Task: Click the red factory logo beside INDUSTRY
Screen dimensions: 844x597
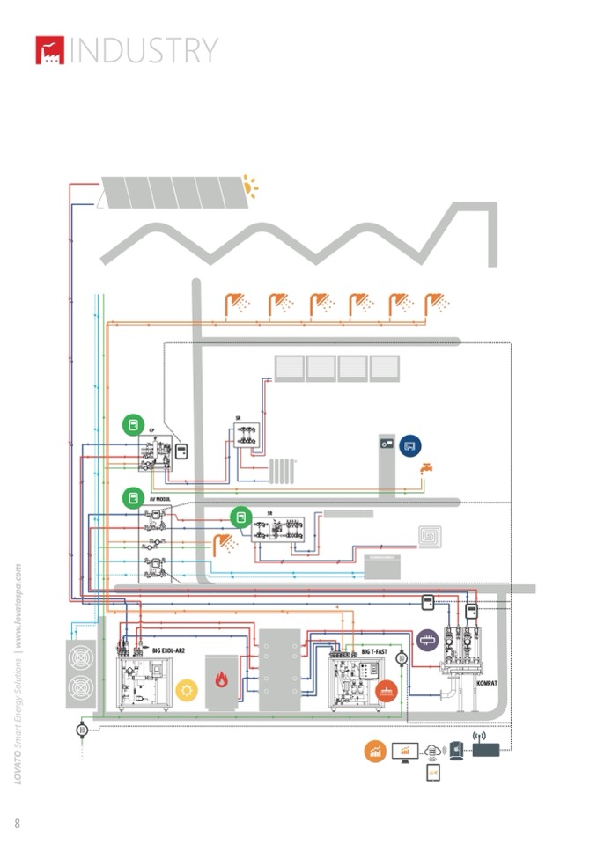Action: pos(50,50)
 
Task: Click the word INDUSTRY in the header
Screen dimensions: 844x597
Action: pos(144,50)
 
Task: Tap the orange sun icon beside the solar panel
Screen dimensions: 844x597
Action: pos(252,187)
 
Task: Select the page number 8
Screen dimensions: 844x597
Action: pos(17,823)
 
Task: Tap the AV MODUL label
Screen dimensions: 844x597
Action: pos(158,498)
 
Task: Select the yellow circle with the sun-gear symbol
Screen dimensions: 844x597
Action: pos(187,690)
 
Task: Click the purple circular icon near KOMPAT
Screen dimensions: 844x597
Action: pos(428,640)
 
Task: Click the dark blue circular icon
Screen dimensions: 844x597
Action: pos(410,446)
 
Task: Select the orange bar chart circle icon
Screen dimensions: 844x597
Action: pos(376,752)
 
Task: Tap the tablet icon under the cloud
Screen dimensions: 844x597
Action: pos(432,772)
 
